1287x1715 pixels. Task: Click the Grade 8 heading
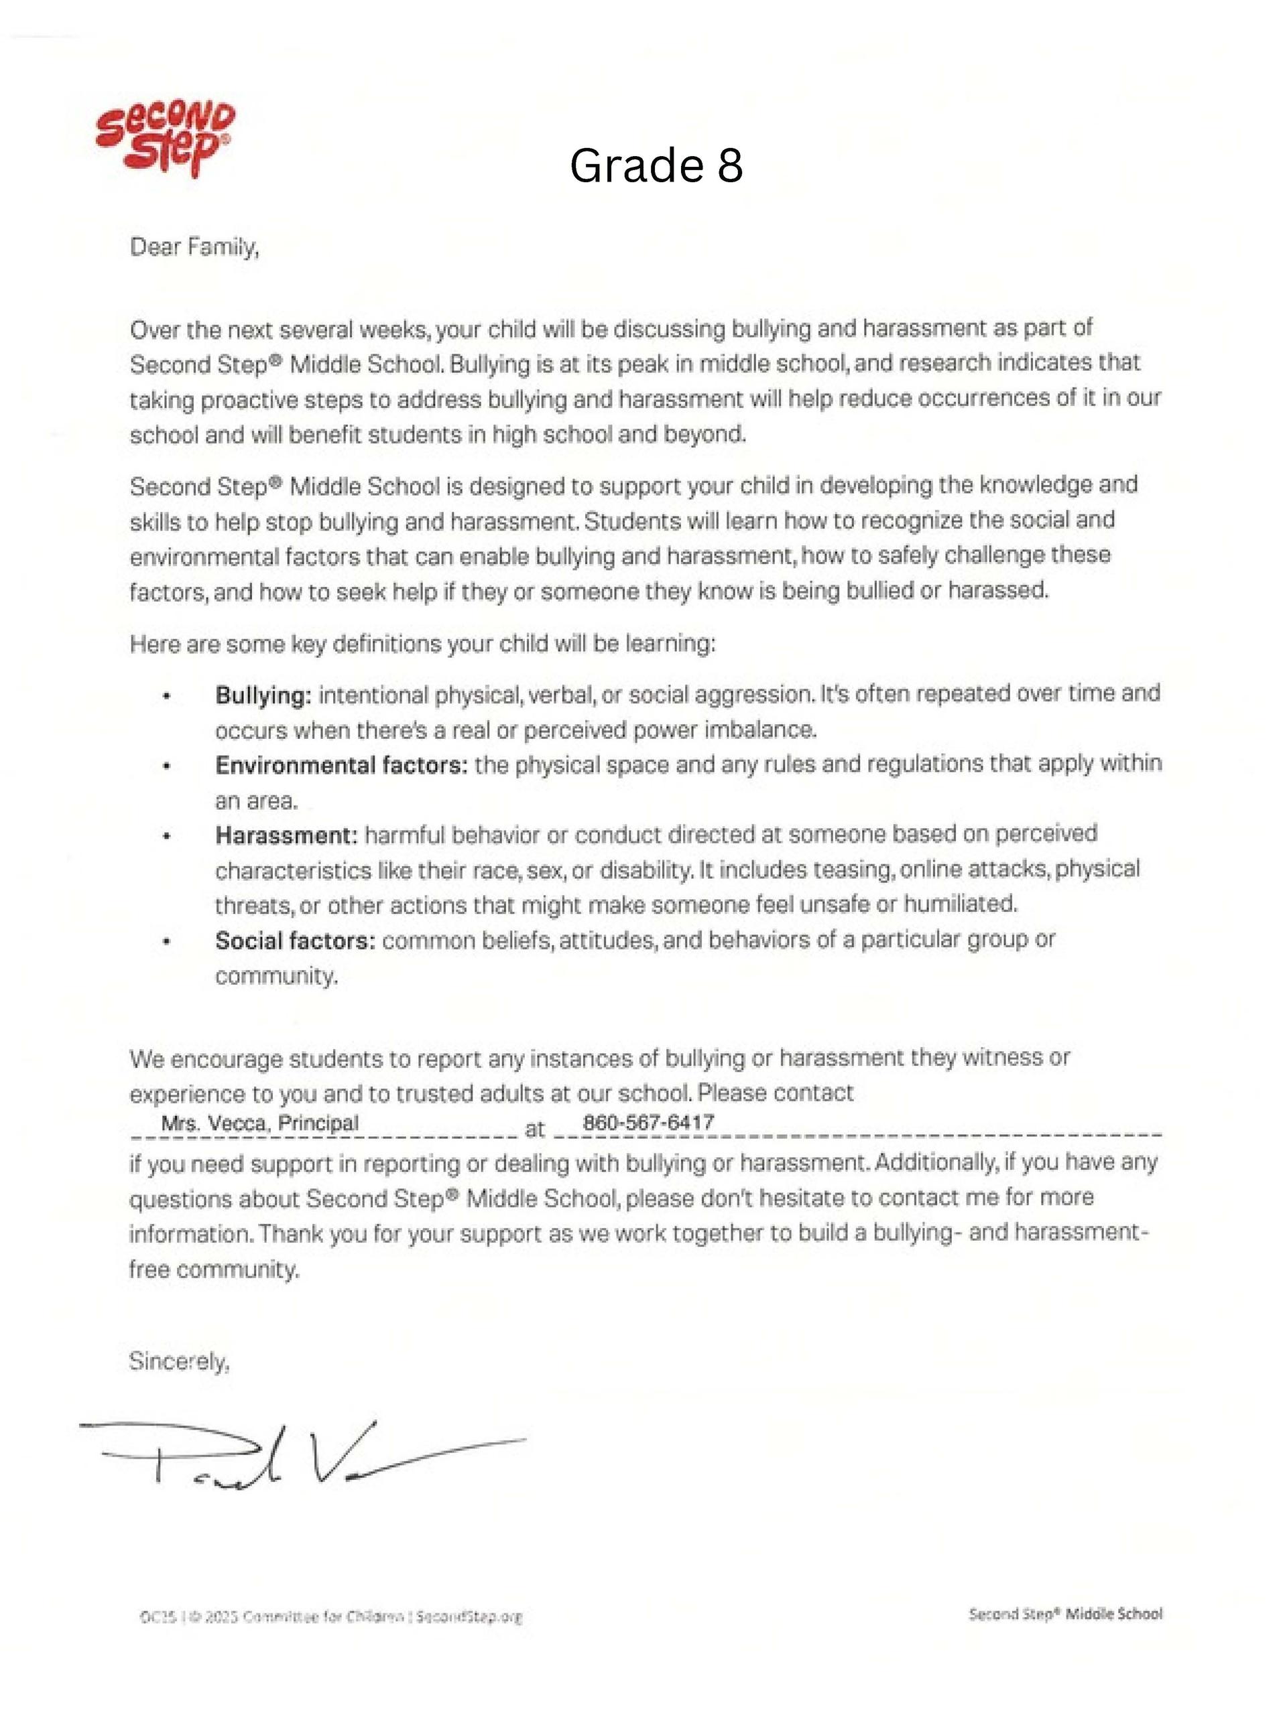click(656, 165)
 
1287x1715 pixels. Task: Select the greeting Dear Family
click(194, 247)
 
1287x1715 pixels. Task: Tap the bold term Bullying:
click(263, 695)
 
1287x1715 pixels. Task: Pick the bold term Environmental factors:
click(341, 765)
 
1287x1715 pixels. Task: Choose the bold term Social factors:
click(295, 941)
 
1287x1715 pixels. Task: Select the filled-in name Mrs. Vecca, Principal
click(260, 1123)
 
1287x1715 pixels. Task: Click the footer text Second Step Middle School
click(1065, 1613)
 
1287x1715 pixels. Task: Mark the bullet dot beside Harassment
click(167, 837)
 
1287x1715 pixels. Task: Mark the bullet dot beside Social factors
click(167, 942)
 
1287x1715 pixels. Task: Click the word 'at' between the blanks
click(534, 1129)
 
